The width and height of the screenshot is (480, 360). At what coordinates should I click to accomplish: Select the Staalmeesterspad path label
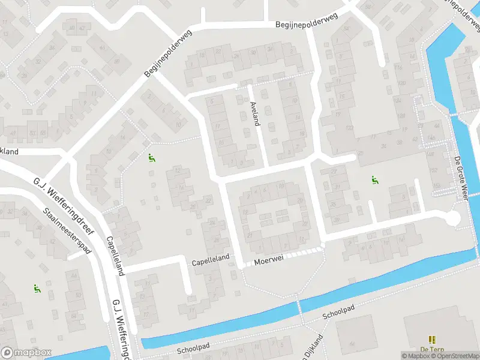[67, 230]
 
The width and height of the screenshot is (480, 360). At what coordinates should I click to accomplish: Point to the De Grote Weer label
[461, 178]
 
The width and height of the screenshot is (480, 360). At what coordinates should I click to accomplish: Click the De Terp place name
[431, 349]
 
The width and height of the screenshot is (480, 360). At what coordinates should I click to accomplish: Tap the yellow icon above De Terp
[431, 340]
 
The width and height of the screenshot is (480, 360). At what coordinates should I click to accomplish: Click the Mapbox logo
[26, 353]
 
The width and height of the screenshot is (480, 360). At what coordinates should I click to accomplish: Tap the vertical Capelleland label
[115, 255]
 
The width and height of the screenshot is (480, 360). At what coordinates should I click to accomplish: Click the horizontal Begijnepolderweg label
[307, 22]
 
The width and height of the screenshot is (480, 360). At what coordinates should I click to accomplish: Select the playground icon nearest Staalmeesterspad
[37, 289]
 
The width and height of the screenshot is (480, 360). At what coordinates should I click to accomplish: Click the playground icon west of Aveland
[151, 158]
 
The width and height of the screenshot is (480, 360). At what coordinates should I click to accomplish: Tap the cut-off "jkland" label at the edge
[10, 152]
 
